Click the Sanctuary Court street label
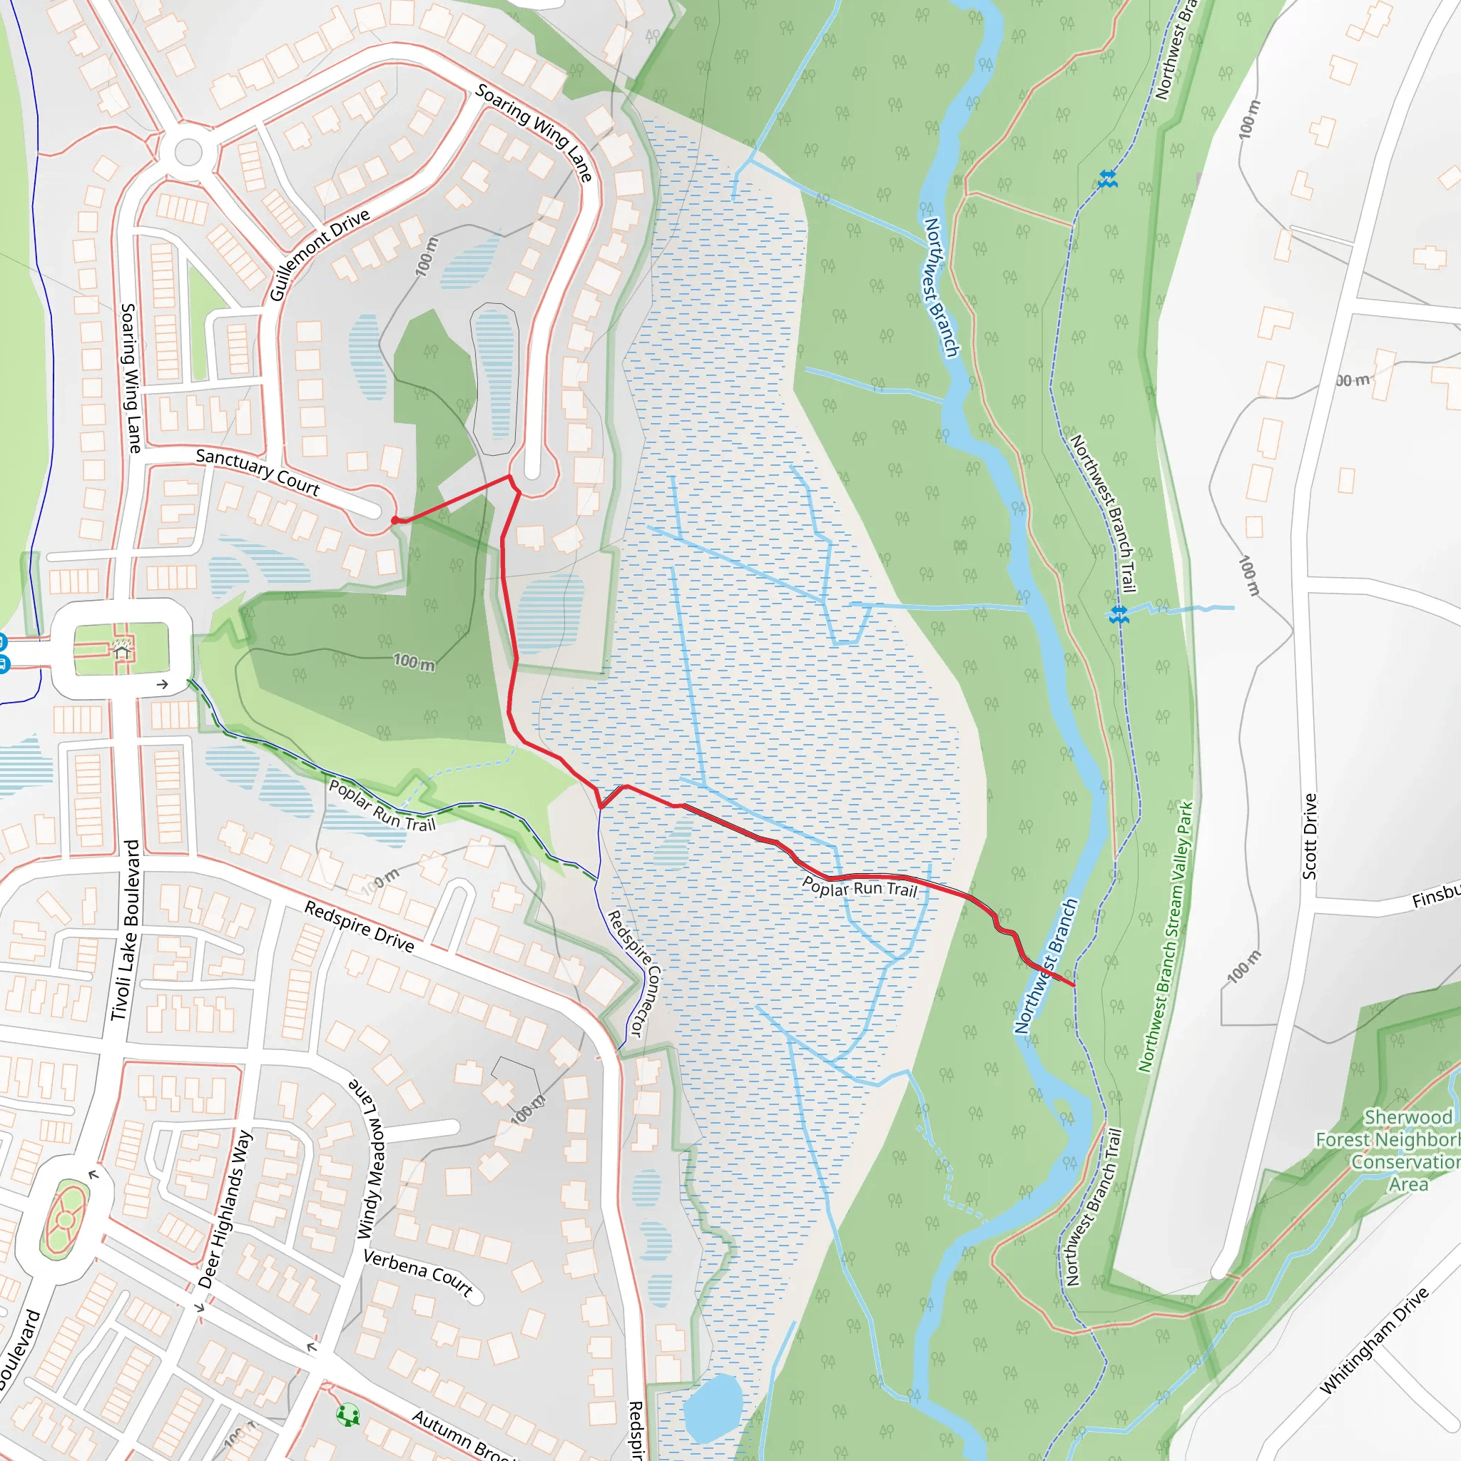click(x=257, y=472)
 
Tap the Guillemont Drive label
click(x=320, y=254)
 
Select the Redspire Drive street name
click(x=360, y=927)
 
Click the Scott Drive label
click(x=1309, y=835)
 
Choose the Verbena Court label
click(x=418, y=1273)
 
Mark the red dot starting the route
click(x=394, y=520)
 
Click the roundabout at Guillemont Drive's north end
click(x=188, y=152)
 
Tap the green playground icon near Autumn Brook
click(x=348, y=1415)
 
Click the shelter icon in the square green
click(x=122, y=648)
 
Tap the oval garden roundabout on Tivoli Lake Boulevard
click(x=65, y=1220)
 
